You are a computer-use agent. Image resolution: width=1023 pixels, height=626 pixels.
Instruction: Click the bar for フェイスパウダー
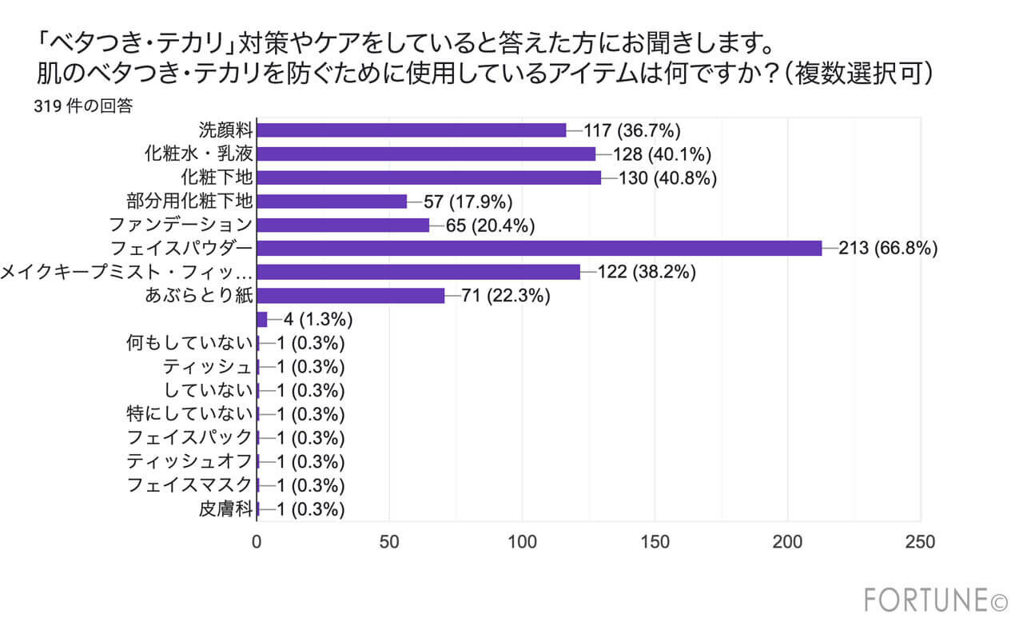click(x=539, y=249)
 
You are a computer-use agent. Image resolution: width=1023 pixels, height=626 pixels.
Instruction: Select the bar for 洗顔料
click(x=412, y=130)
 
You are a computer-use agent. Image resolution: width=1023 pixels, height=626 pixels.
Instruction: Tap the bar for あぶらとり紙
click(x=351, y=296)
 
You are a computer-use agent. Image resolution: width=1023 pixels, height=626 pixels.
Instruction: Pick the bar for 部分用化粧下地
click(x=332, y=201)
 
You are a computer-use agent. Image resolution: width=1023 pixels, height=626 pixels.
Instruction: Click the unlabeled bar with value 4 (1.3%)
click(x=262, y=320)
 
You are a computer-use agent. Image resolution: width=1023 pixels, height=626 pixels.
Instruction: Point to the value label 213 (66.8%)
click(x=888, y=249)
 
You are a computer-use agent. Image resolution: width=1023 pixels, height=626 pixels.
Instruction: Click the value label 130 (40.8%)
click(x=667, y=177)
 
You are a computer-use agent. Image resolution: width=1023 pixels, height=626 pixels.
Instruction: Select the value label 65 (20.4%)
click(x=490, y=225)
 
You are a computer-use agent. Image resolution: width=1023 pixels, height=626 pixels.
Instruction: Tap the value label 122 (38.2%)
click(x=647, y=273)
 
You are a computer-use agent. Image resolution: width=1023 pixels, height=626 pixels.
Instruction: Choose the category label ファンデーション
click(x=189, y=225)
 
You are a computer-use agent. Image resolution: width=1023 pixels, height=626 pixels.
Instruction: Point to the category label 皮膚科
click(x=225, y=509)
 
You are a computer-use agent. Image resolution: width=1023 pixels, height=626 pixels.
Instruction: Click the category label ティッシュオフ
click(x=189, y=462)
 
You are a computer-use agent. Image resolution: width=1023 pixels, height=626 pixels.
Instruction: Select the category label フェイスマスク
click(x=189, y=485)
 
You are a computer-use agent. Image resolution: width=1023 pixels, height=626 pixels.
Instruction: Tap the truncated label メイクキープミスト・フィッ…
click(x=126, y=273)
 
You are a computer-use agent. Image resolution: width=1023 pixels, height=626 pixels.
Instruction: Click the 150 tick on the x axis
click(x=655, y=541)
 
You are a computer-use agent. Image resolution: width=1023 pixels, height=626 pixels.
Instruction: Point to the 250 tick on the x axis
click(x=921, y=541)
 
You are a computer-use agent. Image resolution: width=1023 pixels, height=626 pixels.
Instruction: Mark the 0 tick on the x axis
click(x=257, y=541)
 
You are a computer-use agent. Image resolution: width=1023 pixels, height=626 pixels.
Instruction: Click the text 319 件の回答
click(x=82, y=106)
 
